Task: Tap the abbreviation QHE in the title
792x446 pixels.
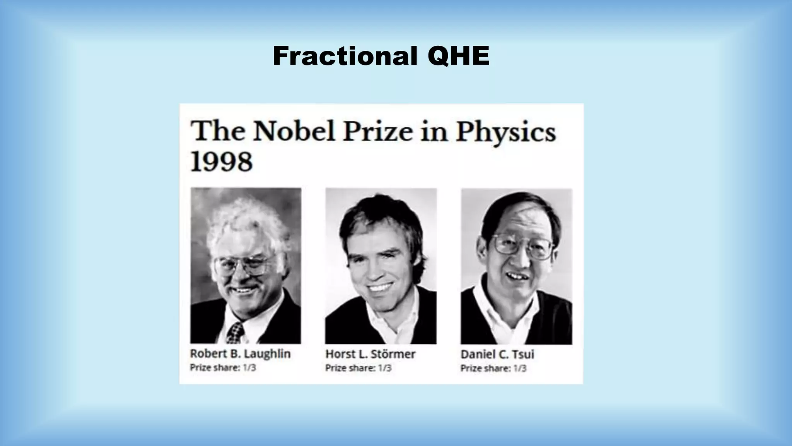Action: [459, 56]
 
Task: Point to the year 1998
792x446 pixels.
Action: [222, 162]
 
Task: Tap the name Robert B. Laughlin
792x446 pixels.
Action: [240, 354]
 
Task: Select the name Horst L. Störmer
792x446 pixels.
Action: [370, 354]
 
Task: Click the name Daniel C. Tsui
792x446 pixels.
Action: [497, 354]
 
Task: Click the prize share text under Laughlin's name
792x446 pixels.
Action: [223, 367]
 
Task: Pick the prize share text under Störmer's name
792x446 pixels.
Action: [358, 368]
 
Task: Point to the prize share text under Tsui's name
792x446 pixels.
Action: [493, 368]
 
